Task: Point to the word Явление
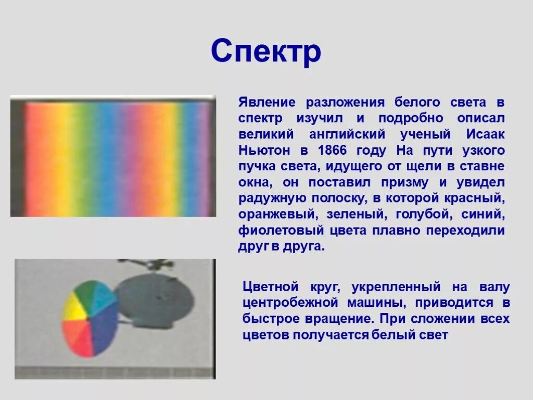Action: (x=267, y=102)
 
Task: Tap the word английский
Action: (x=347, y=135)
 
